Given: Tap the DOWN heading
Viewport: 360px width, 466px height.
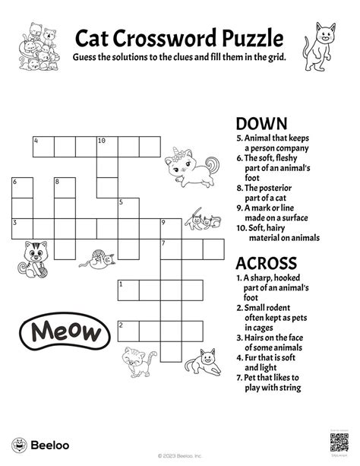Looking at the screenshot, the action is pyautogui.click(x=261, y=124).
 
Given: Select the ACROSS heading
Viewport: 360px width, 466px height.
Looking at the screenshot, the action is pyautogui.click(x=266, y=263).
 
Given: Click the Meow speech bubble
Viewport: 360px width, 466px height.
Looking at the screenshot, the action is pyautogui.click(x=67, y=331).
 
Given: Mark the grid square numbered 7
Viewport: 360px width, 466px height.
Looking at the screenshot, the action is pyautogui.click(x=169, y=249).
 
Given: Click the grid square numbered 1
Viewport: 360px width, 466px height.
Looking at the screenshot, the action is pyautogui.click(x=128, y=290).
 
